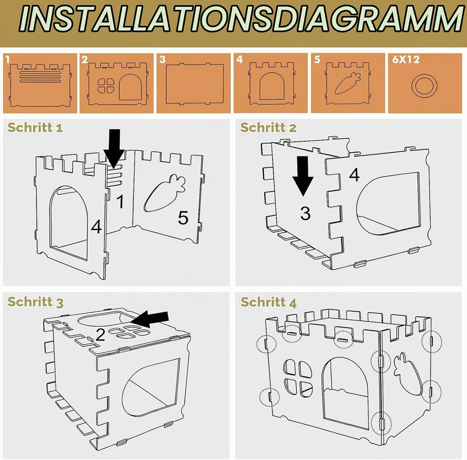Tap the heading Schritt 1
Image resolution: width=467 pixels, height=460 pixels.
[x=35, y=128]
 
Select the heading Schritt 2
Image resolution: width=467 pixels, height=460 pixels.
[x=269, y=128]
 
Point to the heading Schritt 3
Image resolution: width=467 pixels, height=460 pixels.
[x=35, y=302]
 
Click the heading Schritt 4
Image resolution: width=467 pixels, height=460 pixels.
[x=269, y=302]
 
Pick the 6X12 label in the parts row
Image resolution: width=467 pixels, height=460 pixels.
[x=406, y=60]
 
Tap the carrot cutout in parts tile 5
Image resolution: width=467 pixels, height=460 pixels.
[x=348, y=83]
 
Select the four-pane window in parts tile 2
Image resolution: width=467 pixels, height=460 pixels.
[x=106, y=86]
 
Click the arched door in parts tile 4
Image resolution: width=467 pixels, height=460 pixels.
[x=272, y=86]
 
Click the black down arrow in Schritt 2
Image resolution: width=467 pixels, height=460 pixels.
[x=303, y=176]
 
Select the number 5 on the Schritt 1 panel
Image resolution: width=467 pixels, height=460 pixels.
[x=183, y=217]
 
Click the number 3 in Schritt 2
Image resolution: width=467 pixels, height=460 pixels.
[x=305, y=213]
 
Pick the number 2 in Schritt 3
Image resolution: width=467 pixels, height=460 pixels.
[x=100, y=335]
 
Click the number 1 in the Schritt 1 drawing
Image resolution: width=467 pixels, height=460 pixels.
[x=120, y=201]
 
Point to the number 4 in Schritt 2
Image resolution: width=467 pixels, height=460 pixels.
[x=355, y=175]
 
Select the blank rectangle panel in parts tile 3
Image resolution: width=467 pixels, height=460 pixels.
[x=195, y=84]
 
